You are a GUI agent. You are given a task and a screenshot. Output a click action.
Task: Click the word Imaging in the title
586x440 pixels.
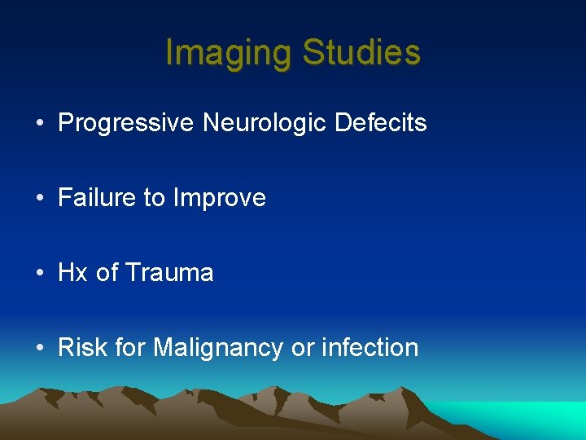click(229, 54)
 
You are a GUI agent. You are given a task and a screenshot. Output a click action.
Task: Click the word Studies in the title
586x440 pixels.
click(361, 54)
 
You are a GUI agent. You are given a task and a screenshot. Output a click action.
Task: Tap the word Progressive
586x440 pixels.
click(126, 123)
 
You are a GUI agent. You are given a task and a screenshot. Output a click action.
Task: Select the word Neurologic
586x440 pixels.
click(264, 123)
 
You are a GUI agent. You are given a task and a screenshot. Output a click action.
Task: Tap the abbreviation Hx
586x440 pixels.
click(73, 273)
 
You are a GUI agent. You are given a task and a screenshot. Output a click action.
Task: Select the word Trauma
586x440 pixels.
click(169, 273)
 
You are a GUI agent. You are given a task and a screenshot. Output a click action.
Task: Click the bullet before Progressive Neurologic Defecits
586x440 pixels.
click(40, 124)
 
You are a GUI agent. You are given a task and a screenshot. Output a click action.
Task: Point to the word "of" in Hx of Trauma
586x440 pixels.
click(107, 273)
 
